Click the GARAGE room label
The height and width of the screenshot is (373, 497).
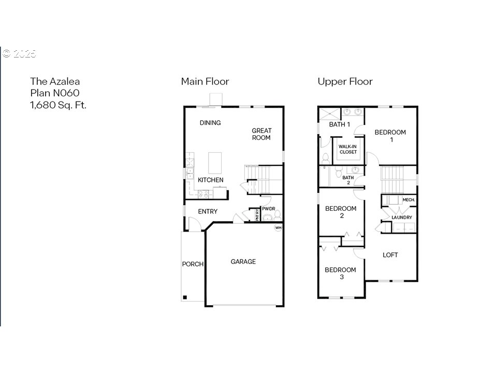coord(243,262)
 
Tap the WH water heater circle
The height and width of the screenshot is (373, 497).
coord(278,228)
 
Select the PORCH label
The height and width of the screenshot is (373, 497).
coord(193,264)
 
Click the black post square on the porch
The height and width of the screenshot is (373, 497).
coord(185,297)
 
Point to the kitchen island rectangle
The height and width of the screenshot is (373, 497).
coord(214,163)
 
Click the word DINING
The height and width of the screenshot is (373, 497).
coord(210,123)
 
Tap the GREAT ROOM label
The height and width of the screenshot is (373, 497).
coord(261,134)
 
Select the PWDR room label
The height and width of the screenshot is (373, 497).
coord(269,209)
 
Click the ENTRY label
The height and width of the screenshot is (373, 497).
coord(208,211)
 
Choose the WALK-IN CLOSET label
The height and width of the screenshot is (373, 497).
coord(348,149)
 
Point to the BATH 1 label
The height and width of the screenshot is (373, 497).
coord(340,124)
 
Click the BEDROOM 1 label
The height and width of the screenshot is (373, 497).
coord(390,136)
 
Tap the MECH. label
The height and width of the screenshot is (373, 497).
coord(408,200)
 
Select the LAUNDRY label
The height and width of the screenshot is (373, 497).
coord(402,218)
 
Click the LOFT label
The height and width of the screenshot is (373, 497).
coord(390,255)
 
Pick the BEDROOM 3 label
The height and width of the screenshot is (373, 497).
coord(341,274)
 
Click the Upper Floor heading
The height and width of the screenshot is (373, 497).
coord(345,81)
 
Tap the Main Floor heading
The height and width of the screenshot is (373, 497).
coord(205,81)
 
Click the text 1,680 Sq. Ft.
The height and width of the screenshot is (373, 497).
coord(59,105)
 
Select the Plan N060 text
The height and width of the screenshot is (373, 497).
coord(55,93)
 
